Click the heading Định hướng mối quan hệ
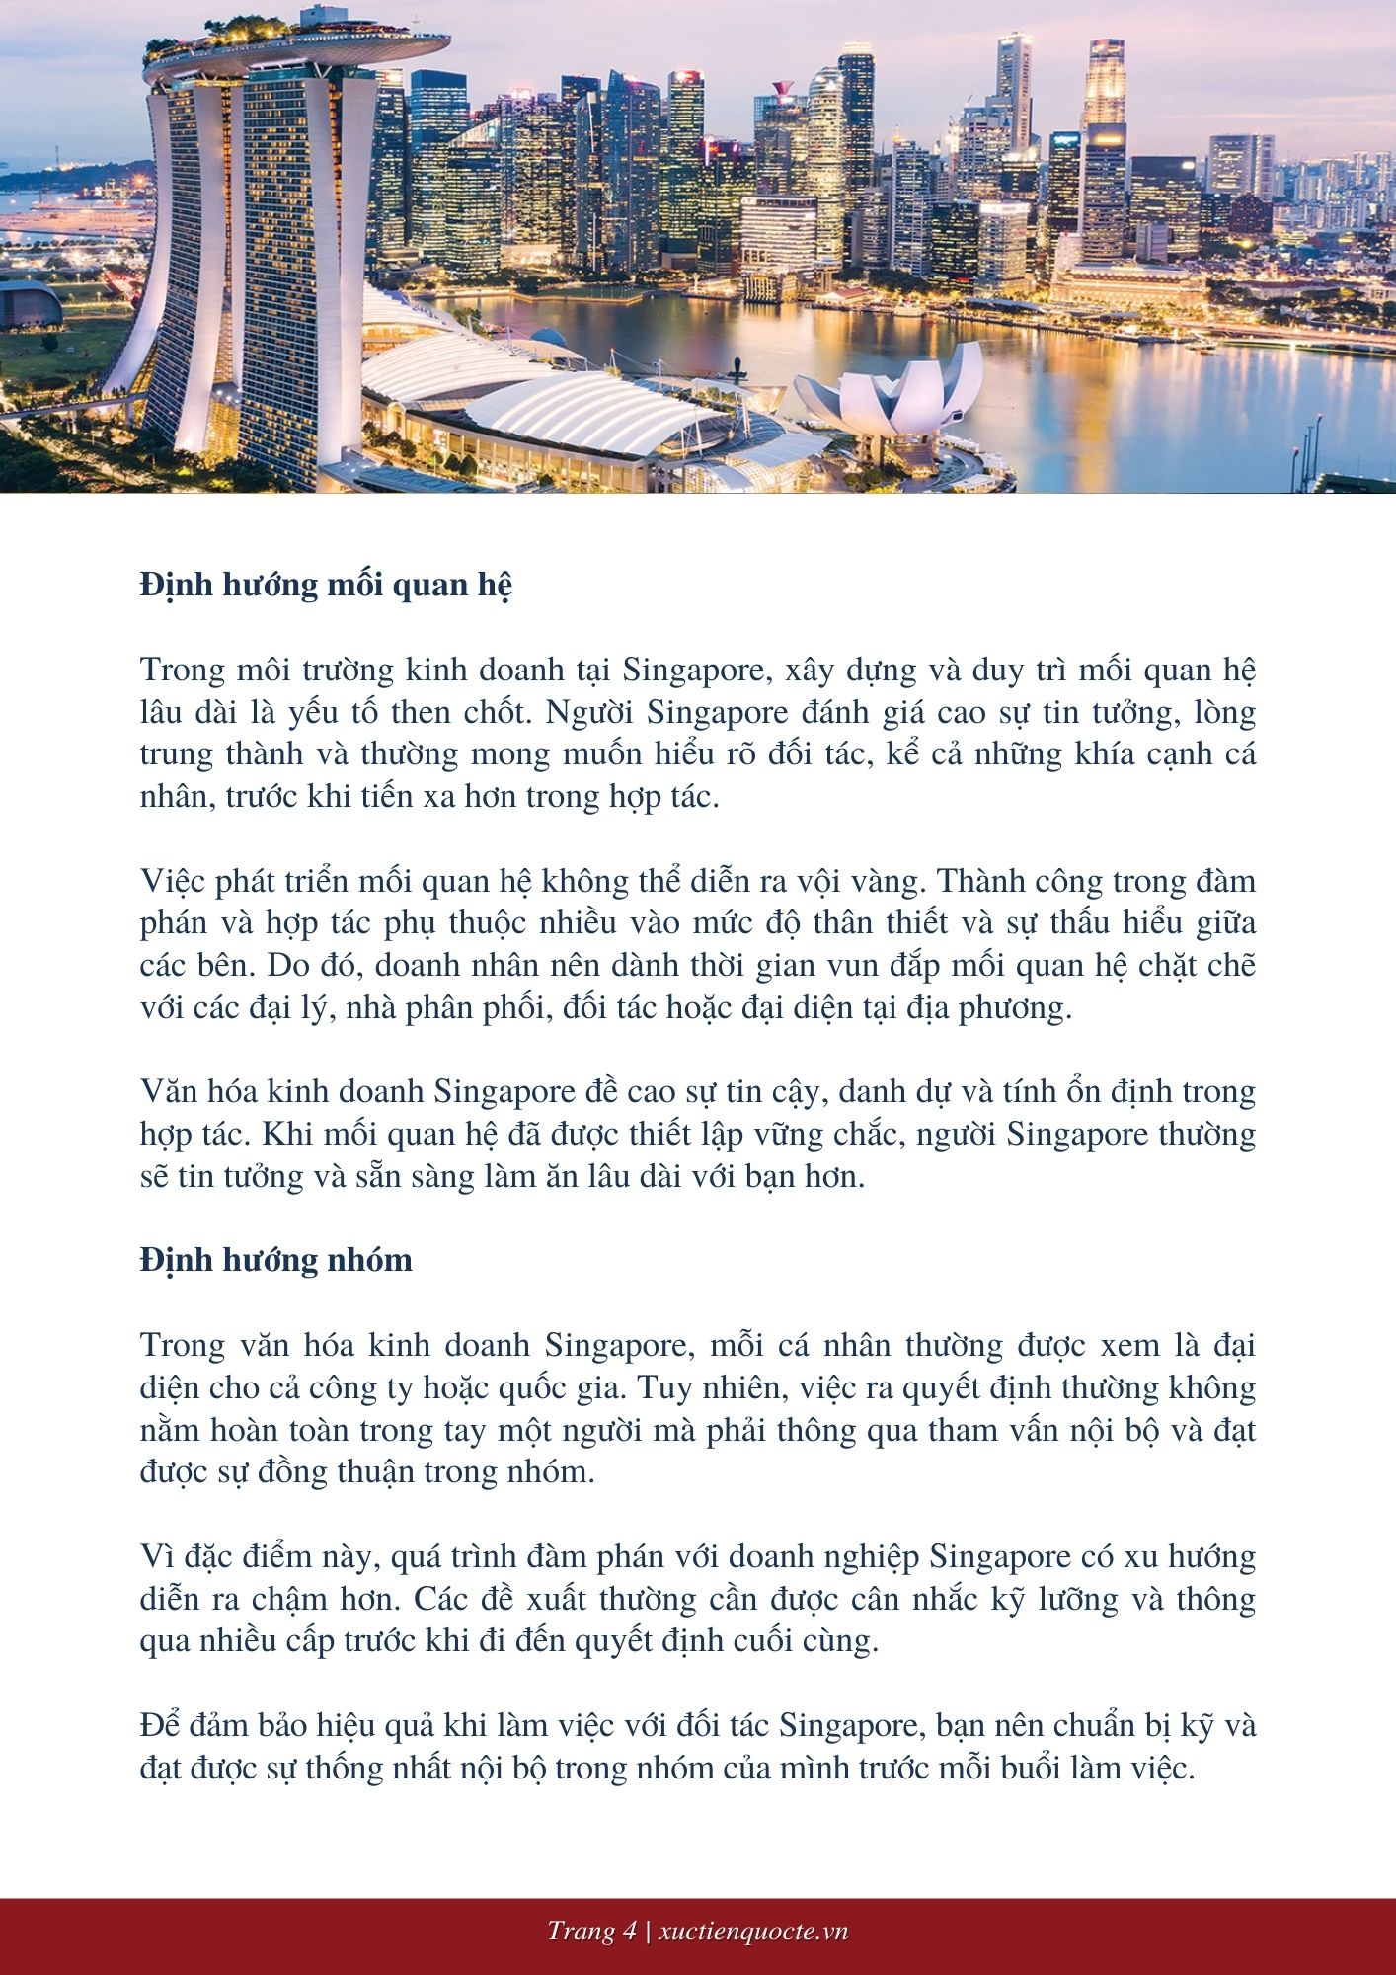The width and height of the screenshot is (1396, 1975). tap(326, 586)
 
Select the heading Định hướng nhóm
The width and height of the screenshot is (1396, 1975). tap(275, 1261)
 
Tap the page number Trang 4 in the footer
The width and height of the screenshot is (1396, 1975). tap(591, 1932)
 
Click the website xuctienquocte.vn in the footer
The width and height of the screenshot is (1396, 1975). tap(753, 1932)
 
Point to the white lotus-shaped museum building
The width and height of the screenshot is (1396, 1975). tap(893, 395)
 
